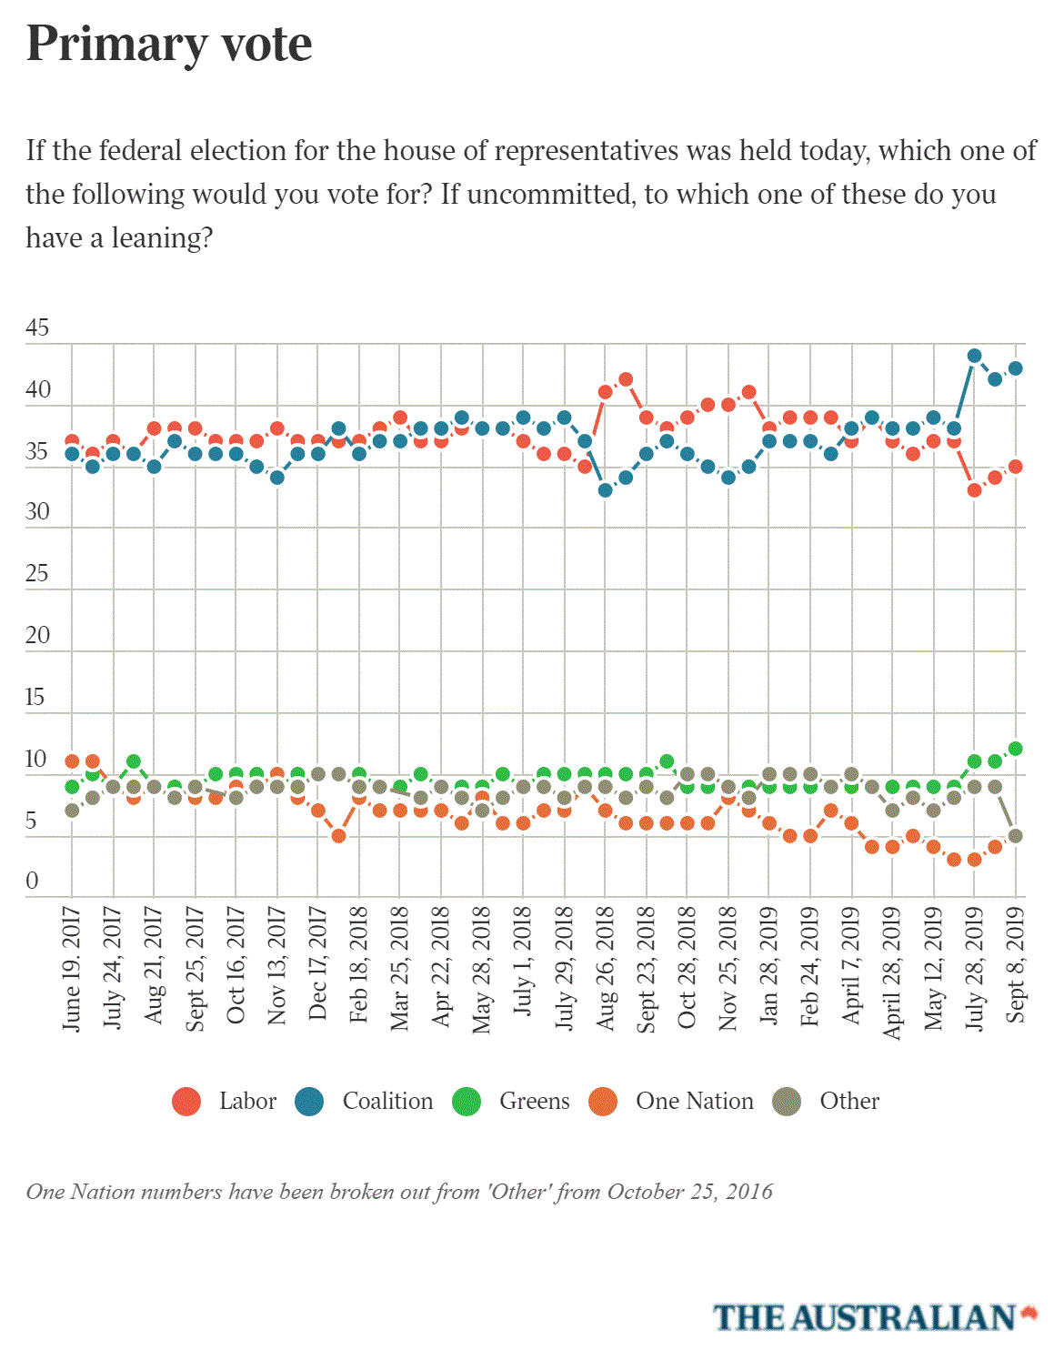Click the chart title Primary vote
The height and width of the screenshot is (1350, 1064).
click(169, 43)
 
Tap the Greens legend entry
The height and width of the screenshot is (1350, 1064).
click(512, 1101)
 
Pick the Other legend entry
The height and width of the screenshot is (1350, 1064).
click(827, 1101)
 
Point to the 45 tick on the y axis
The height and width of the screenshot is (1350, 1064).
click(37, 327)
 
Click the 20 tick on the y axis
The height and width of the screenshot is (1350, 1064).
click(37, 635)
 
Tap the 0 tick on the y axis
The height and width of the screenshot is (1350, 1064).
click(33, 881)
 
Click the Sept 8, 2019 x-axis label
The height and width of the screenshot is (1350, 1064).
click(1016, 964)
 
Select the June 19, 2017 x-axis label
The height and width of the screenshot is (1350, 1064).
click(72, 969)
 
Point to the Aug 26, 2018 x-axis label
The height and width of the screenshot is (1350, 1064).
click(606, 969)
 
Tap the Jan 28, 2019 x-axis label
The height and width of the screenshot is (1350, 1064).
click(769, 965)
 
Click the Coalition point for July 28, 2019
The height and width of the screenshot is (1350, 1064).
click(974, 356)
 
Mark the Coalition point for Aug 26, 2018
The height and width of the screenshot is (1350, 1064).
click(606, 490)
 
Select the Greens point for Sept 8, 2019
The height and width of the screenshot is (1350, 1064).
click(1016, 749)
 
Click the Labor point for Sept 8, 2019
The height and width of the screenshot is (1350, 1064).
click(1016, 467)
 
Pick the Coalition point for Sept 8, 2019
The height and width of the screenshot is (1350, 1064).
click(1016, 368)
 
